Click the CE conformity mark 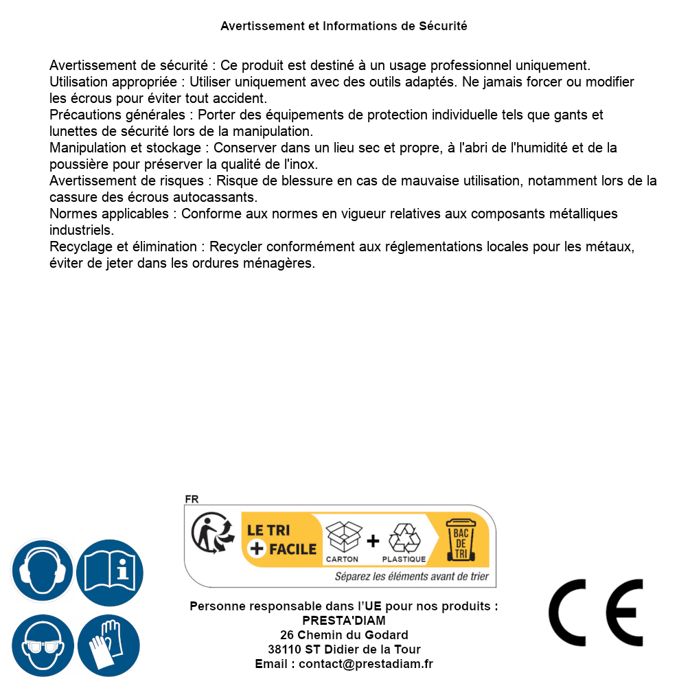tap(595, 612)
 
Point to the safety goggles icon tap(42, 646)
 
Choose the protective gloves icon tap(108, 646)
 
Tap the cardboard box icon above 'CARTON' tap(343, 538)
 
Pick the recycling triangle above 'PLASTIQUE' tap(404, 538)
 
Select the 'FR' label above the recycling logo tap(192, 499)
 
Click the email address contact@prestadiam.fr tap(366, 664)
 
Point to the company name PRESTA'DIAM tap(344, 621)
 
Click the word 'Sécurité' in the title tap(443, 26)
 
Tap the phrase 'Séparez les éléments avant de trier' tap(412, 576)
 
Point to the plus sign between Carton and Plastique tap(373, 541)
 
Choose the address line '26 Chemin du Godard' tap(344, 635)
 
